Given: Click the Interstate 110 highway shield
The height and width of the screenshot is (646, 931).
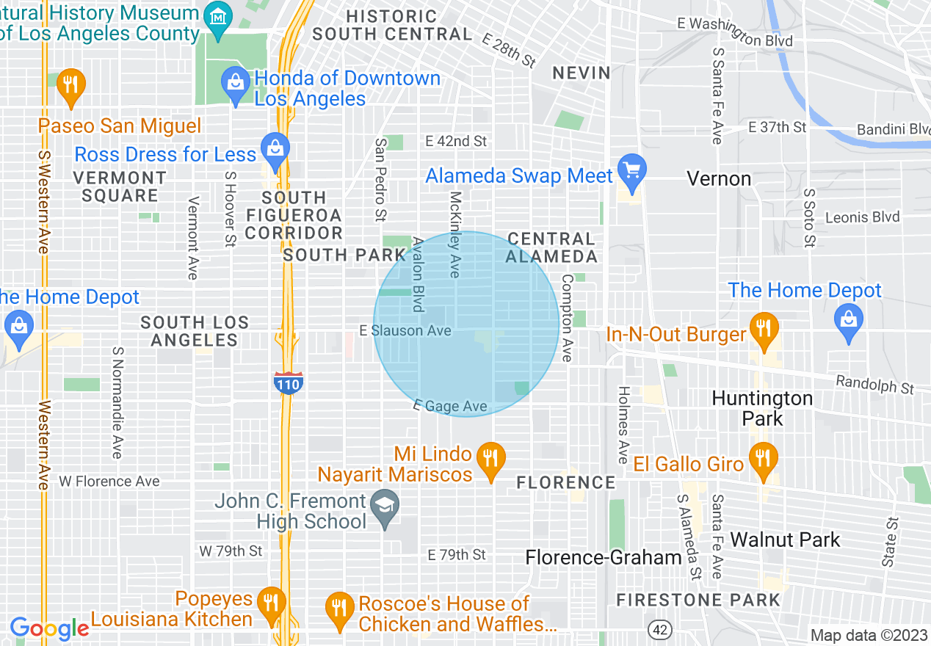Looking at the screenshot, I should coord(288,382).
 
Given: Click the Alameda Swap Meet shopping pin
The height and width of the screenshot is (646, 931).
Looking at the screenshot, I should coord(631,170).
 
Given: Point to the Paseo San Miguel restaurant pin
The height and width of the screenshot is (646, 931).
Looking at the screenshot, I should coord(70,85).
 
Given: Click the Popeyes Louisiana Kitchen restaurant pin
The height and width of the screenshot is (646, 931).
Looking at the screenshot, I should coord(272,604).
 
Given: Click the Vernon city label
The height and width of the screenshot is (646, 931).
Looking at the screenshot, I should coord(718,178).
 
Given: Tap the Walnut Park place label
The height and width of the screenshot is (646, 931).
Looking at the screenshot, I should coord(785,540).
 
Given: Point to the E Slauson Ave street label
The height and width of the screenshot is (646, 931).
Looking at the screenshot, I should coord(405,331).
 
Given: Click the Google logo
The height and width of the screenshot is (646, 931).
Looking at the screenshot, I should coord(49,628).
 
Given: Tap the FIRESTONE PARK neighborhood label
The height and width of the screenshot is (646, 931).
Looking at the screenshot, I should coord(698,600).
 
